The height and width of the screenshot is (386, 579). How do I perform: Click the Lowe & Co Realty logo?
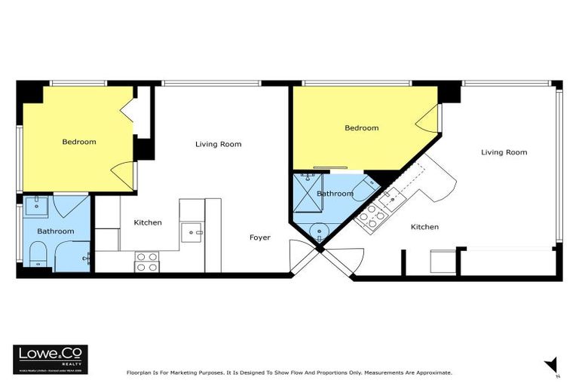pos(51,359)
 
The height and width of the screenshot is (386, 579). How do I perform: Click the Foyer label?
pos(260,237)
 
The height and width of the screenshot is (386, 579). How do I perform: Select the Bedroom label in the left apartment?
pos(78,142)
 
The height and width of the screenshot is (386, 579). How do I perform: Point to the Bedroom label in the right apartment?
pos(361,128)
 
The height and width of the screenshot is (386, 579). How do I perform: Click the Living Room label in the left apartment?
pos(218,144)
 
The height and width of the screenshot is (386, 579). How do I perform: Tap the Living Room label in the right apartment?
pos(504,152)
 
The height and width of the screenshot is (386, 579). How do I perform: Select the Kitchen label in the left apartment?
pos(148,222)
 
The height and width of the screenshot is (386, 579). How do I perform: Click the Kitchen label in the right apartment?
pos(424,227)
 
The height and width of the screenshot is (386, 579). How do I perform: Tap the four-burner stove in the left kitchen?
pos(146,262)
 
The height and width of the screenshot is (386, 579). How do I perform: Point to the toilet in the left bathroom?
pos(37,257)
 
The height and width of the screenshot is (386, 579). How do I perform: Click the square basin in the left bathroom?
pos(36,206)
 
